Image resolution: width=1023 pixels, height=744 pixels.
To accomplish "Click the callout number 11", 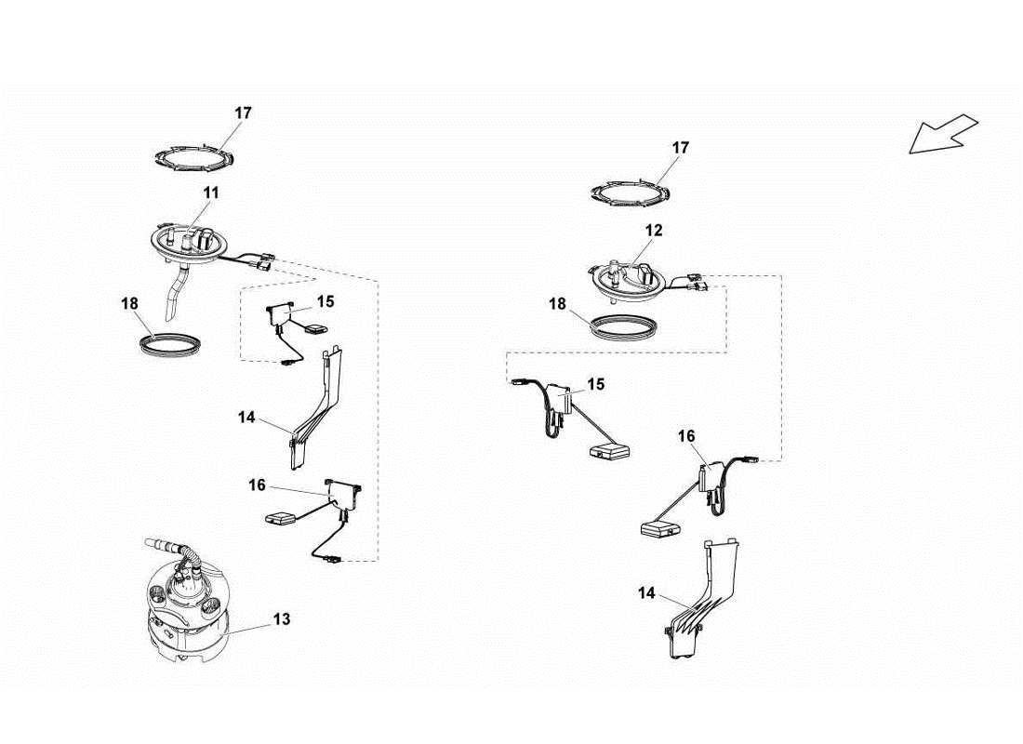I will (x=211, y=193).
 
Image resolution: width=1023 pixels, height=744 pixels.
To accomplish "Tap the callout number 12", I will (x=654, y=230).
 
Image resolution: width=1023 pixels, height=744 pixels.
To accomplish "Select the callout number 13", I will (x=282, y=618).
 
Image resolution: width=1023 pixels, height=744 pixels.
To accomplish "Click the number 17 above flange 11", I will (x=243, y=113).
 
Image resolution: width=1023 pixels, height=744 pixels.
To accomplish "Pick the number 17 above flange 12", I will (x=680, y=148).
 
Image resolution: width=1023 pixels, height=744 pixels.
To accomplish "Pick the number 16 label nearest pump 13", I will (x=257, y=485).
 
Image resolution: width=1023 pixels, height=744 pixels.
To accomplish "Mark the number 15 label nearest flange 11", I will (x=325, y=301).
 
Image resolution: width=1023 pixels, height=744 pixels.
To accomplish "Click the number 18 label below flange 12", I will (x=557, y=304).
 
